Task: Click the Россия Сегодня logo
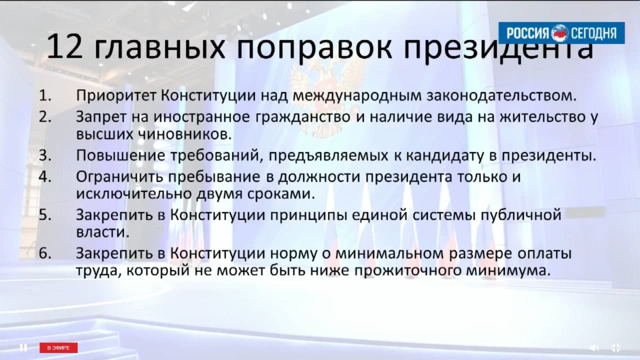(x=561, y=33)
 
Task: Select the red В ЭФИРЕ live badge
(x=58, y=347)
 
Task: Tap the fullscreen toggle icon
(x=616, y=347)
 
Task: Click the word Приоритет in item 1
(x=116, y=96)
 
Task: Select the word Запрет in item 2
(x=101, y=117)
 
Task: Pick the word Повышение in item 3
(x=120, y=155)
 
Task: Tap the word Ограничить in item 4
(x=119, y=177)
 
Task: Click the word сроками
(x=281, y=194)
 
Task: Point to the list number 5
(x=45, y=215)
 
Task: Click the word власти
(x=103, y=232)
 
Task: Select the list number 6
(x=45, y=253)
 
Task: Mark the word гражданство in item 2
(x=303, y=117)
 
